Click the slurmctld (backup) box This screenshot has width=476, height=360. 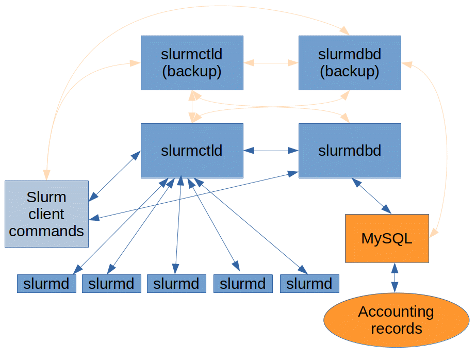(x=192, y=62)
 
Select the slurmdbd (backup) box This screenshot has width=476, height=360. (x=350, y=62)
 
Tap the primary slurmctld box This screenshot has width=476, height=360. (x=192, y=151)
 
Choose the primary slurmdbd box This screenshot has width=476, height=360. (x=350, y=151)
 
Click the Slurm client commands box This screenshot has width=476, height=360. (x=46, y=214)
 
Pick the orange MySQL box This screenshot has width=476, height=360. (x=387, y=238)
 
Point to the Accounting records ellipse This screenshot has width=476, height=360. (x=396, y=320)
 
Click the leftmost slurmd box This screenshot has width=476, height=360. (x=46, y=283)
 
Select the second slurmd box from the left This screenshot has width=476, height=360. (x=111, y=283)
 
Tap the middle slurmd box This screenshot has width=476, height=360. (x=176, y=283)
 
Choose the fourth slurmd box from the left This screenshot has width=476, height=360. (x=243, y=283)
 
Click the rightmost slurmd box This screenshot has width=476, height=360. (x=309, y=283)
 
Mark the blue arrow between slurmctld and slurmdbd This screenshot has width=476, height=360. (x=271, y=151)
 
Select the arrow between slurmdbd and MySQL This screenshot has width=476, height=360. (x=371, y=196)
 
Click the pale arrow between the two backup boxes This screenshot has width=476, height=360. (x=271, y=63)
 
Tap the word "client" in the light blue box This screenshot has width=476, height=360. (x=46, y=214)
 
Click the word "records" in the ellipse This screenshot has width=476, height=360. (x=396, y=329)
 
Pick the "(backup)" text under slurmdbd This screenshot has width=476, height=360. (x=350, y=72)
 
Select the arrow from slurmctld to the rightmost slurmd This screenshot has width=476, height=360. (x=250, y=225)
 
